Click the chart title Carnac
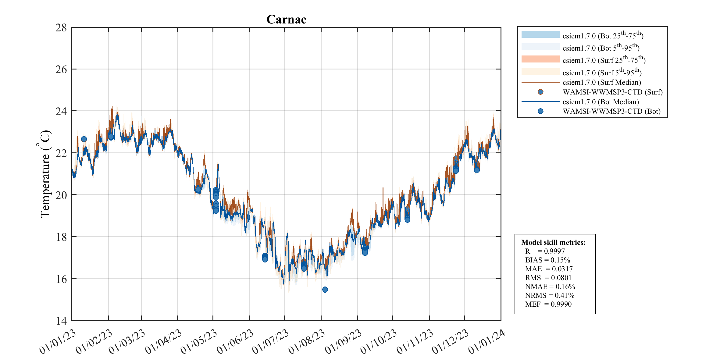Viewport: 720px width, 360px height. point(286,20)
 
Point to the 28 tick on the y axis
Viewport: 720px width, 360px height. point(61,28)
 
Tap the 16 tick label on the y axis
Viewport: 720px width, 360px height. point(61,279)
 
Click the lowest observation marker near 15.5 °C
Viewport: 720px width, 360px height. point(325,290)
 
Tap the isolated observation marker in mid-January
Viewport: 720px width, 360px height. point(84,139)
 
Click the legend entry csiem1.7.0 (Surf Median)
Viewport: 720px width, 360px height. point(602,82)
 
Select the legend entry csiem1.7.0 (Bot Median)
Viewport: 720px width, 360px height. point(601,102)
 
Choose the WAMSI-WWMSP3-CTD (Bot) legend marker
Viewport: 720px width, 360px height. point(540,111)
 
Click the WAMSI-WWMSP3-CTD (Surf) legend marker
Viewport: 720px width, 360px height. point(540,92)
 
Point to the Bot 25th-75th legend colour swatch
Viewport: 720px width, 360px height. point(540,35)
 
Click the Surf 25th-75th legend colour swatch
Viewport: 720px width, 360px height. point(540,59)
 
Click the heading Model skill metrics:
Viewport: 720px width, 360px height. point(553,242)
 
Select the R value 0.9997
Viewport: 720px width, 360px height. point(554,251)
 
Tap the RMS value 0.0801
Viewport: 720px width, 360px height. point(561,278)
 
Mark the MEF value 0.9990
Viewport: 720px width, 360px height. point(561,304)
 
